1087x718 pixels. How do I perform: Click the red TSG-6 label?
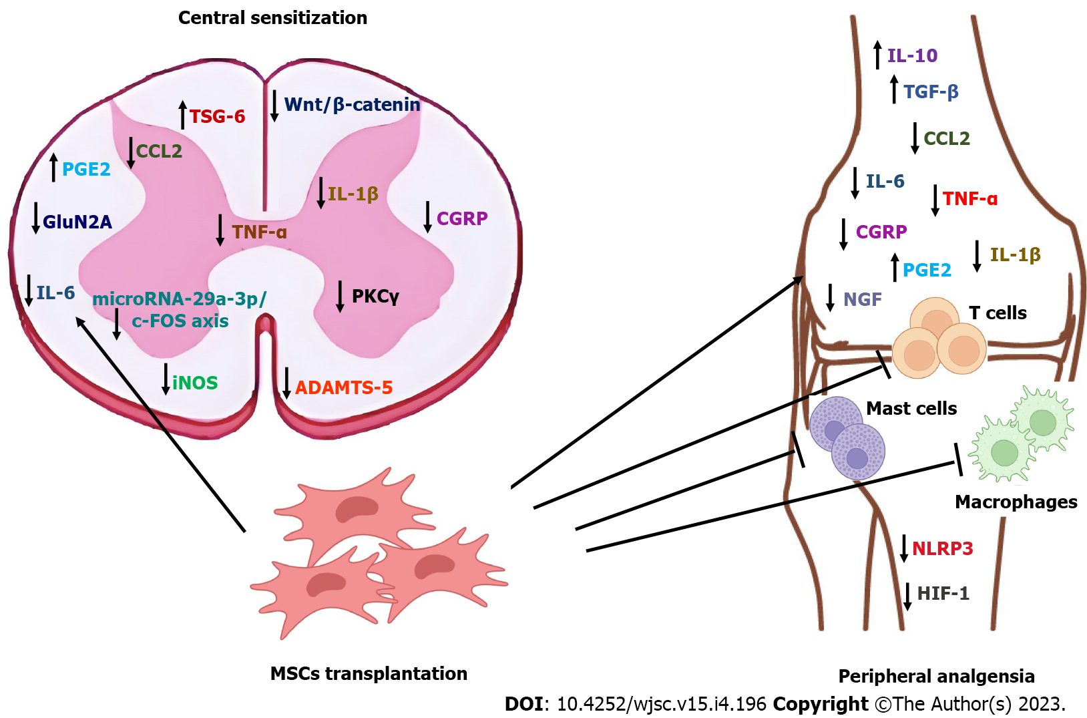[217, 117]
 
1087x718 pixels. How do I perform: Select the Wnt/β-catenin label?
[352, 105]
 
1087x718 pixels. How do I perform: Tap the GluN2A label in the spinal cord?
[77, 222]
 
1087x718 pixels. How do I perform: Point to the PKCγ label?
[375, 297]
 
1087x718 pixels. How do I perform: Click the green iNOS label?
[195, 383]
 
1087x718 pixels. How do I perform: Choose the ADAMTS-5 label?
[343, 387]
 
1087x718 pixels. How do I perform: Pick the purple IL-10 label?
[912, 55]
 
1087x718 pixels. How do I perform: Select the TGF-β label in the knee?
[931, 92]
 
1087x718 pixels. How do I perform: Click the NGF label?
[862, 299]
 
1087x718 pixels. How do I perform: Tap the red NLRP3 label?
[942, 548]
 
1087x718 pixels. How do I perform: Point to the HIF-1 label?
[943, 593]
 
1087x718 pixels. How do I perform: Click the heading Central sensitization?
[272, 18]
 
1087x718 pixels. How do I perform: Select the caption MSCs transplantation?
[369, 673]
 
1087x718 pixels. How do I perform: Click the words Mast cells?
[911, 408]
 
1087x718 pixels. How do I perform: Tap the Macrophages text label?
[1016, 502]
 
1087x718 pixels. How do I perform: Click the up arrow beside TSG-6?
[182, 114]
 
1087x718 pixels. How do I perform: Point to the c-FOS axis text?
[180, 321]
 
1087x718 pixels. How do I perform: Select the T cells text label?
[998, 313]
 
